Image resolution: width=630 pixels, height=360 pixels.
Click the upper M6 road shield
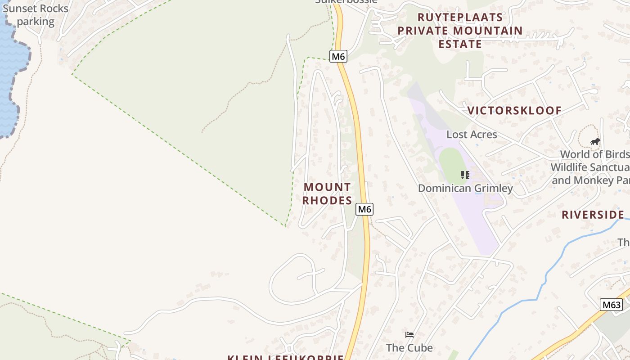(x=338, y=56)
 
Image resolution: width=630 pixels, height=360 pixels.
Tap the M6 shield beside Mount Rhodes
(x=364, y=209)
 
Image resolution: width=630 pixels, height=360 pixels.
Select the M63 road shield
(x=611, y=305)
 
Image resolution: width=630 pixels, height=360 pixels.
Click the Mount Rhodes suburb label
(x=327, y=193)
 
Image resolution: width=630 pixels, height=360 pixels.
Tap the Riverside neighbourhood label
(x=593, y=215)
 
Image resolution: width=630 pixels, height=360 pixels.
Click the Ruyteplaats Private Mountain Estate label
(x=460, y=31)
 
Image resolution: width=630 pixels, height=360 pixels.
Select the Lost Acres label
(x=472, y=135)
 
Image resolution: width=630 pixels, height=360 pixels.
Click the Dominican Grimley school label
(x=465, y=188)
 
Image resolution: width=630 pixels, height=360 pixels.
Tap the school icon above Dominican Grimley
(x=465, y=175)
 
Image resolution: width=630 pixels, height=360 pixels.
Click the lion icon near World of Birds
(x=595, y=142)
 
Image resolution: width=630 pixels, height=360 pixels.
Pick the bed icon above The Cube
(x=409, y=334)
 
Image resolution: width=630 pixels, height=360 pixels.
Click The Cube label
(x=409, y=348)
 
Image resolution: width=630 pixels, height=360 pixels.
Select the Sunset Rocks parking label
(x=36, y=15)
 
